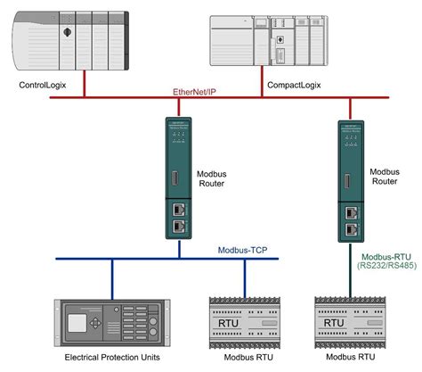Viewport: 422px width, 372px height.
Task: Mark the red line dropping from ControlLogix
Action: pyautogui.click(x=84, y=85)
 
